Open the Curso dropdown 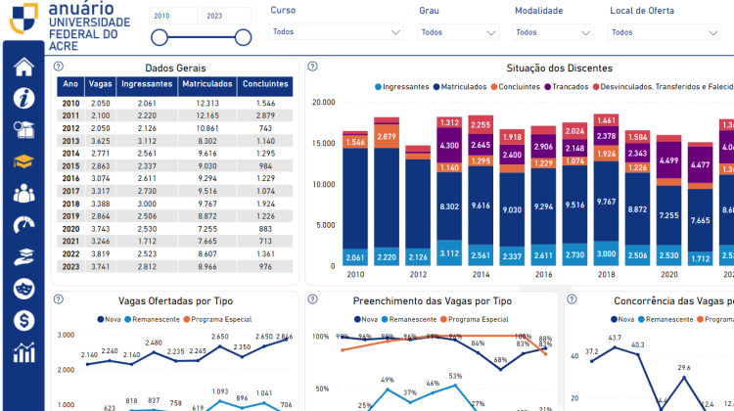point(337,31)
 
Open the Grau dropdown point(458,31)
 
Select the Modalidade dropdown point(553,31)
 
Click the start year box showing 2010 point(172,16)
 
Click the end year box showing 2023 point(226,16)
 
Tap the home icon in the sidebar point(23,67)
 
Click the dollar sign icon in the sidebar point(23,320)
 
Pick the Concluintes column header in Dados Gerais point(264,85)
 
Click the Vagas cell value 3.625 point(100,140)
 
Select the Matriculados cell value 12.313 point(207,103)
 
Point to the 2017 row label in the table point(70,191)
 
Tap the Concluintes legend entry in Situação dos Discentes point(518,87)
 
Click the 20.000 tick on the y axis point(323,102)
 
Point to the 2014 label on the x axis point(481,276)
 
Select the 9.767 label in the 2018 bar point(606,202)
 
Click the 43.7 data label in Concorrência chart point(615,338)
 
